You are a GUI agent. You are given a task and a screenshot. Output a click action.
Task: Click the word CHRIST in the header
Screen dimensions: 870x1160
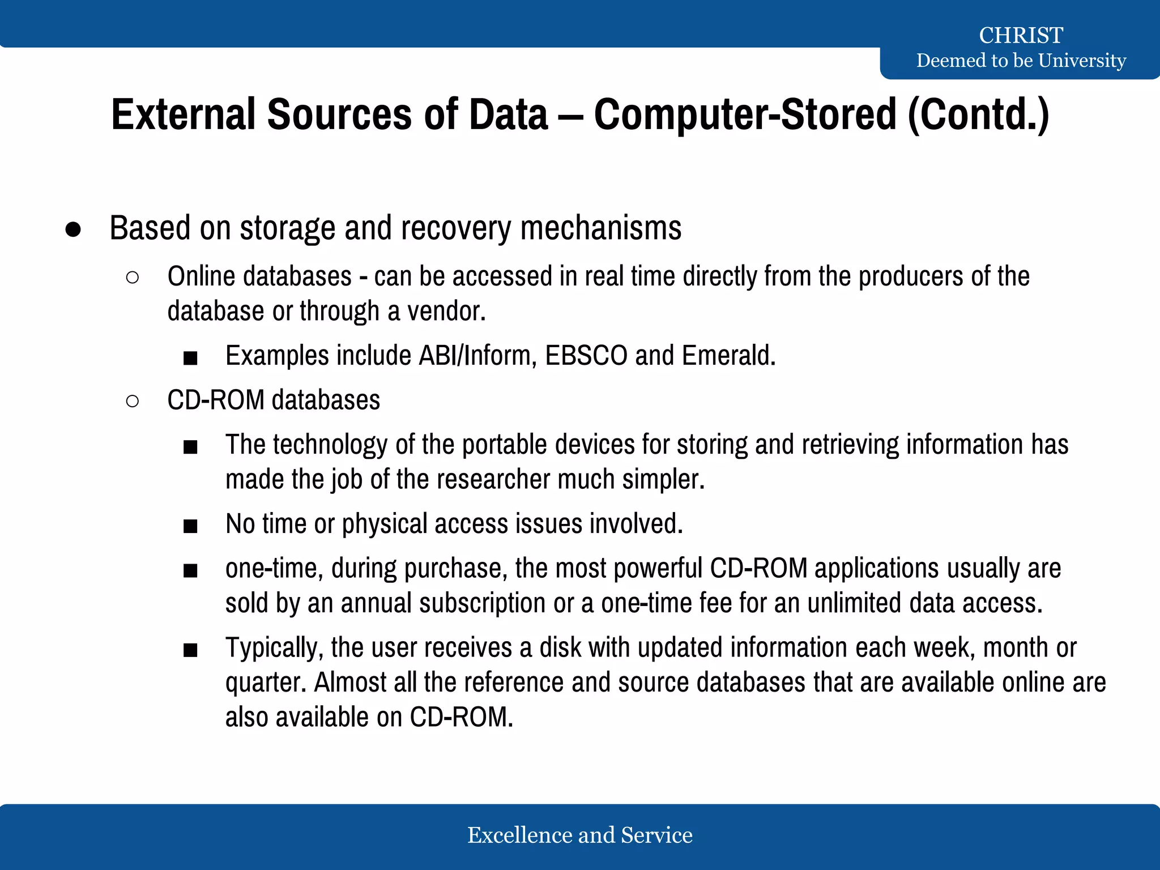point(1021,35)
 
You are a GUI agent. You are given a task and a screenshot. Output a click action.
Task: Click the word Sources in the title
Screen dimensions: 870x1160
point(339,115)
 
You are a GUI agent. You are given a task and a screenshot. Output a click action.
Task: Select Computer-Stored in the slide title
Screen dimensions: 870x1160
point(745,115)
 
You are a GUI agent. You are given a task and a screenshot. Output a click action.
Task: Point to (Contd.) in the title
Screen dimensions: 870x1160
point(979,115)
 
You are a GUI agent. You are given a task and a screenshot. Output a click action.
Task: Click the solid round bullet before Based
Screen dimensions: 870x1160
point(73,229)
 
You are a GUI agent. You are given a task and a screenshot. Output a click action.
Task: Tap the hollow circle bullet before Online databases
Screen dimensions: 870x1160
point(133,278)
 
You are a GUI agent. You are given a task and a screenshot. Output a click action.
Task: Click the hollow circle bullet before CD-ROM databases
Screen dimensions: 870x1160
point(133,402)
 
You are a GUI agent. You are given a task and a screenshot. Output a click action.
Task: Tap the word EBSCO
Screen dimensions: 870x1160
point(586,356)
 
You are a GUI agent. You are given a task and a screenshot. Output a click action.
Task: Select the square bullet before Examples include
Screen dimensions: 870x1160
point(190,358)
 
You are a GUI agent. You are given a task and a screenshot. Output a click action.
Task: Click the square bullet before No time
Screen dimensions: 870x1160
point(190,526)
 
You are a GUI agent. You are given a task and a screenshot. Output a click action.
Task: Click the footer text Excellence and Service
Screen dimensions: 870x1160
point(579,835)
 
